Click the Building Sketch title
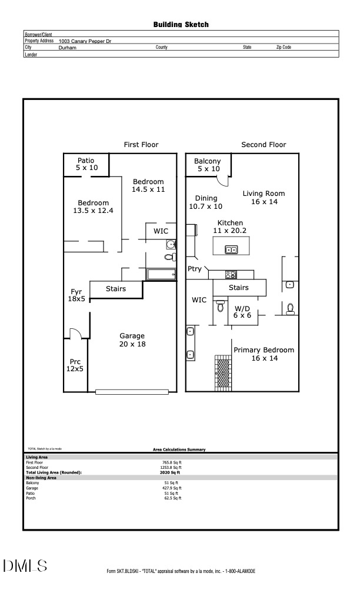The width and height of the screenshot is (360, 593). pos(181,25)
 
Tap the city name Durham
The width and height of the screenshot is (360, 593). pos(68,47)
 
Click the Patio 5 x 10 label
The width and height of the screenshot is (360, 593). pos(87,164)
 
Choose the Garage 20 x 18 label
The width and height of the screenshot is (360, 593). pos(133,340)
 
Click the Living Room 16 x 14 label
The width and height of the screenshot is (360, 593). pos(264,198)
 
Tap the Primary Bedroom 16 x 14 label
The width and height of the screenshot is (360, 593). pos(264,354)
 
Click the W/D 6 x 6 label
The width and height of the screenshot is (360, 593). pos(242,312)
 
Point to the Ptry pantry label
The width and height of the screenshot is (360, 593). pos(195,269)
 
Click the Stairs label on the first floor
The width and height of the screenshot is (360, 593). pos(116,289)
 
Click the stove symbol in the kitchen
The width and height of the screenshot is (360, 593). pos(231,274)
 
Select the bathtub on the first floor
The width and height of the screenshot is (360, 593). pos(161,275)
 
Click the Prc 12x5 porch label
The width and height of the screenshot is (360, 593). pos(75,365)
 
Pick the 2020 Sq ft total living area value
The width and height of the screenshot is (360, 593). pos(171,472)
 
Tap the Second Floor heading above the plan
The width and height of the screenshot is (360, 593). pos(264,145)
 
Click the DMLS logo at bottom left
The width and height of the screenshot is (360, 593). pos(25,566)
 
